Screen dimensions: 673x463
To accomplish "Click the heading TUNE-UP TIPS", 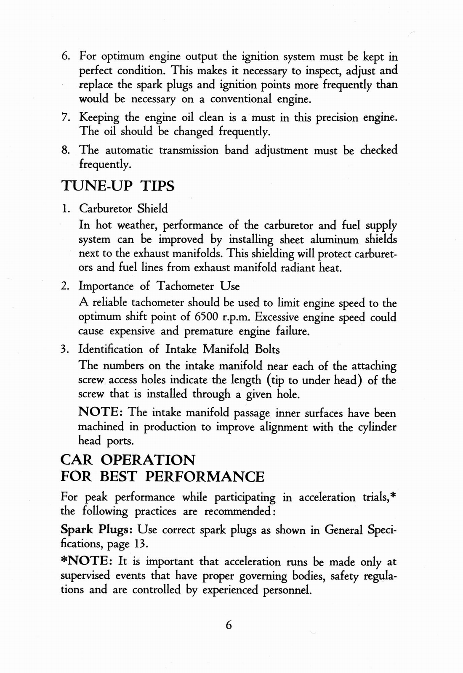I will (118, 185).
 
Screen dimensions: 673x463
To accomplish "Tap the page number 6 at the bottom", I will (229, 625).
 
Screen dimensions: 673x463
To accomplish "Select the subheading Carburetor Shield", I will (123, 209).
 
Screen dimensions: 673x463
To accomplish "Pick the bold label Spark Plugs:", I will (97, 530).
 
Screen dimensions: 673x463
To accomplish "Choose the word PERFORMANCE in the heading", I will (205, 477).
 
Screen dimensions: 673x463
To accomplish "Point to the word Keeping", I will (99, 118).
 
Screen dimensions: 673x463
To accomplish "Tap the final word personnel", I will (287, 590).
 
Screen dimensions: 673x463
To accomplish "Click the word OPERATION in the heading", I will (148, 459).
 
